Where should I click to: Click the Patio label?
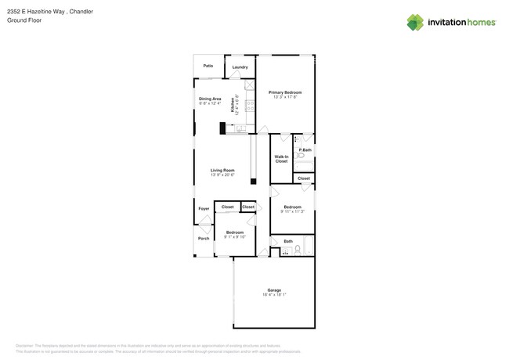point(208,66)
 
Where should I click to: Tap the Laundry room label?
point(240,67)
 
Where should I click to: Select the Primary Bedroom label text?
point(285,92)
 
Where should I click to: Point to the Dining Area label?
point(210,99)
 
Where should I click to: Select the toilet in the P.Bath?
point(301,157)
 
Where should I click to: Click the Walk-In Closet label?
point(281,159)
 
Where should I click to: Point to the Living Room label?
point(222,170)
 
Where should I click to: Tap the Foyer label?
point(204,209)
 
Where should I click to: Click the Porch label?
point(204,238)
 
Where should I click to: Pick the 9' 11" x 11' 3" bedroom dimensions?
point(292,211)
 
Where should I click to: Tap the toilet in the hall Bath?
point(297,250)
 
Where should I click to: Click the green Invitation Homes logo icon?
point(415,22)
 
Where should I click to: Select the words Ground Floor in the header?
point(23,20)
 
